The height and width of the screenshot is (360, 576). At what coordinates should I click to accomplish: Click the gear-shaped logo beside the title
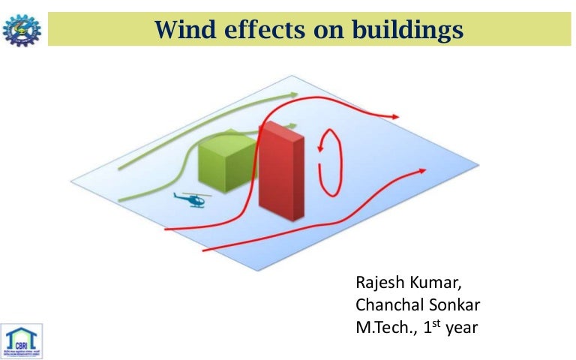[22, 28]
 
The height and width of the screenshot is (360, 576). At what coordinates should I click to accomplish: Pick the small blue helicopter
[192, 199]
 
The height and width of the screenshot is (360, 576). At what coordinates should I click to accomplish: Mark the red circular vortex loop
[329, 162]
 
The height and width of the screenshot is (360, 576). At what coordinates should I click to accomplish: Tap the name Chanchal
[389, 306]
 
